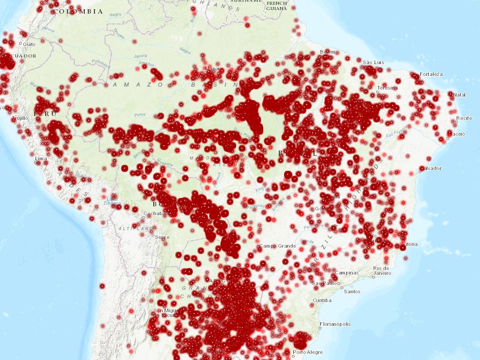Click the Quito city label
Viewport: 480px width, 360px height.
29,44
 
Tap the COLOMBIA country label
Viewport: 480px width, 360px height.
78,12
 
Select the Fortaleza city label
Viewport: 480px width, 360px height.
431,74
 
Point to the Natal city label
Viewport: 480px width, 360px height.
460,95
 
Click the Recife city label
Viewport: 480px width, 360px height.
464,118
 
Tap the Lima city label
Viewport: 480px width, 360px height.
40,158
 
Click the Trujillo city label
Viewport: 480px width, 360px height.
20,118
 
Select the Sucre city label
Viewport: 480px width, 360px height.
162,237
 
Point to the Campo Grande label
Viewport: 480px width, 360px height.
277,246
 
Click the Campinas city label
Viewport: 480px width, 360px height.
346,273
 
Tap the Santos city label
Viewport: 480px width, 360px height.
352,292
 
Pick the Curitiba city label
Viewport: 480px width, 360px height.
322,300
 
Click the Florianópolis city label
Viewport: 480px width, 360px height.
336,324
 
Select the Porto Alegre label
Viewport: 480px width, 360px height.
308,352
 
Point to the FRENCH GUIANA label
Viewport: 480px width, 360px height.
277,6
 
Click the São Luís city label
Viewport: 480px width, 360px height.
373,62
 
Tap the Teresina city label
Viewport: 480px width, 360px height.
387,88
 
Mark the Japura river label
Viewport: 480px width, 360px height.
141,56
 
